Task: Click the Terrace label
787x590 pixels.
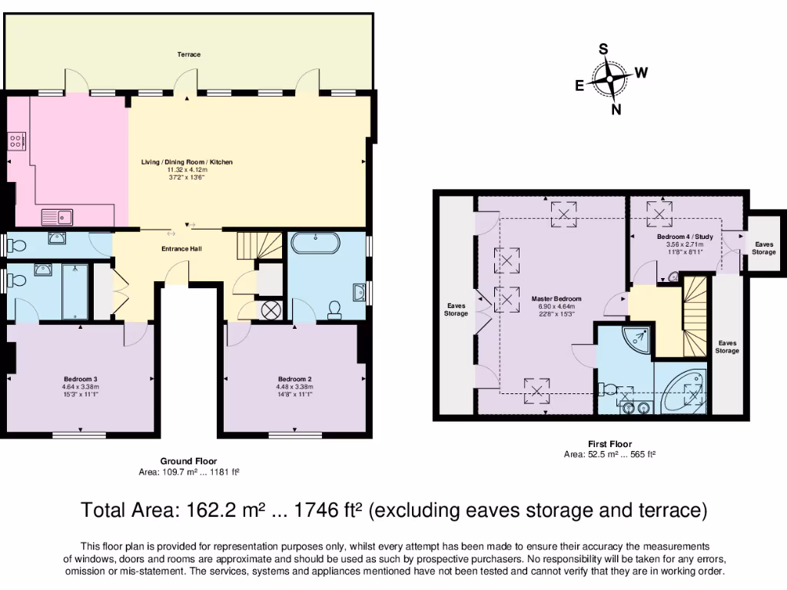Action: (188, 55)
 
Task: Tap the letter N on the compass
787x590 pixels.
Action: (616, 109)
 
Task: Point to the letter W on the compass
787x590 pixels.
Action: (641, 73)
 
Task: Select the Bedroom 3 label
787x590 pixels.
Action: (80, 379)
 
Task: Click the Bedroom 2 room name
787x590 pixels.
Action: (294, 379)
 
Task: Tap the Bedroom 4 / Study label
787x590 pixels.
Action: (685, 237)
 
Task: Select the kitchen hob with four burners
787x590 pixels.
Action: (17, 141)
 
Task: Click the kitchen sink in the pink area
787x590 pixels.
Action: (57, 217)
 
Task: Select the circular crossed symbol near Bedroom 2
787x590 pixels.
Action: (272, 310)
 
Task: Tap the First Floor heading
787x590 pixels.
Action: (609, 444)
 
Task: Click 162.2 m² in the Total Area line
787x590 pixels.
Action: (212, 510)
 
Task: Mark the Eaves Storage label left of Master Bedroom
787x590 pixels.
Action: (456, 309)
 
